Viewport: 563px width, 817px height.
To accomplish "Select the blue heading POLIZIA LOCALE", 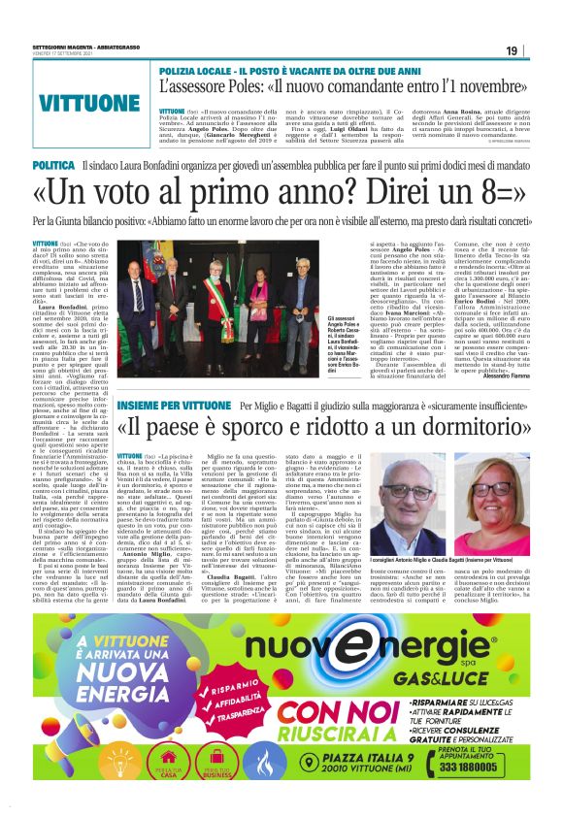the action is coord(202,71).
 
